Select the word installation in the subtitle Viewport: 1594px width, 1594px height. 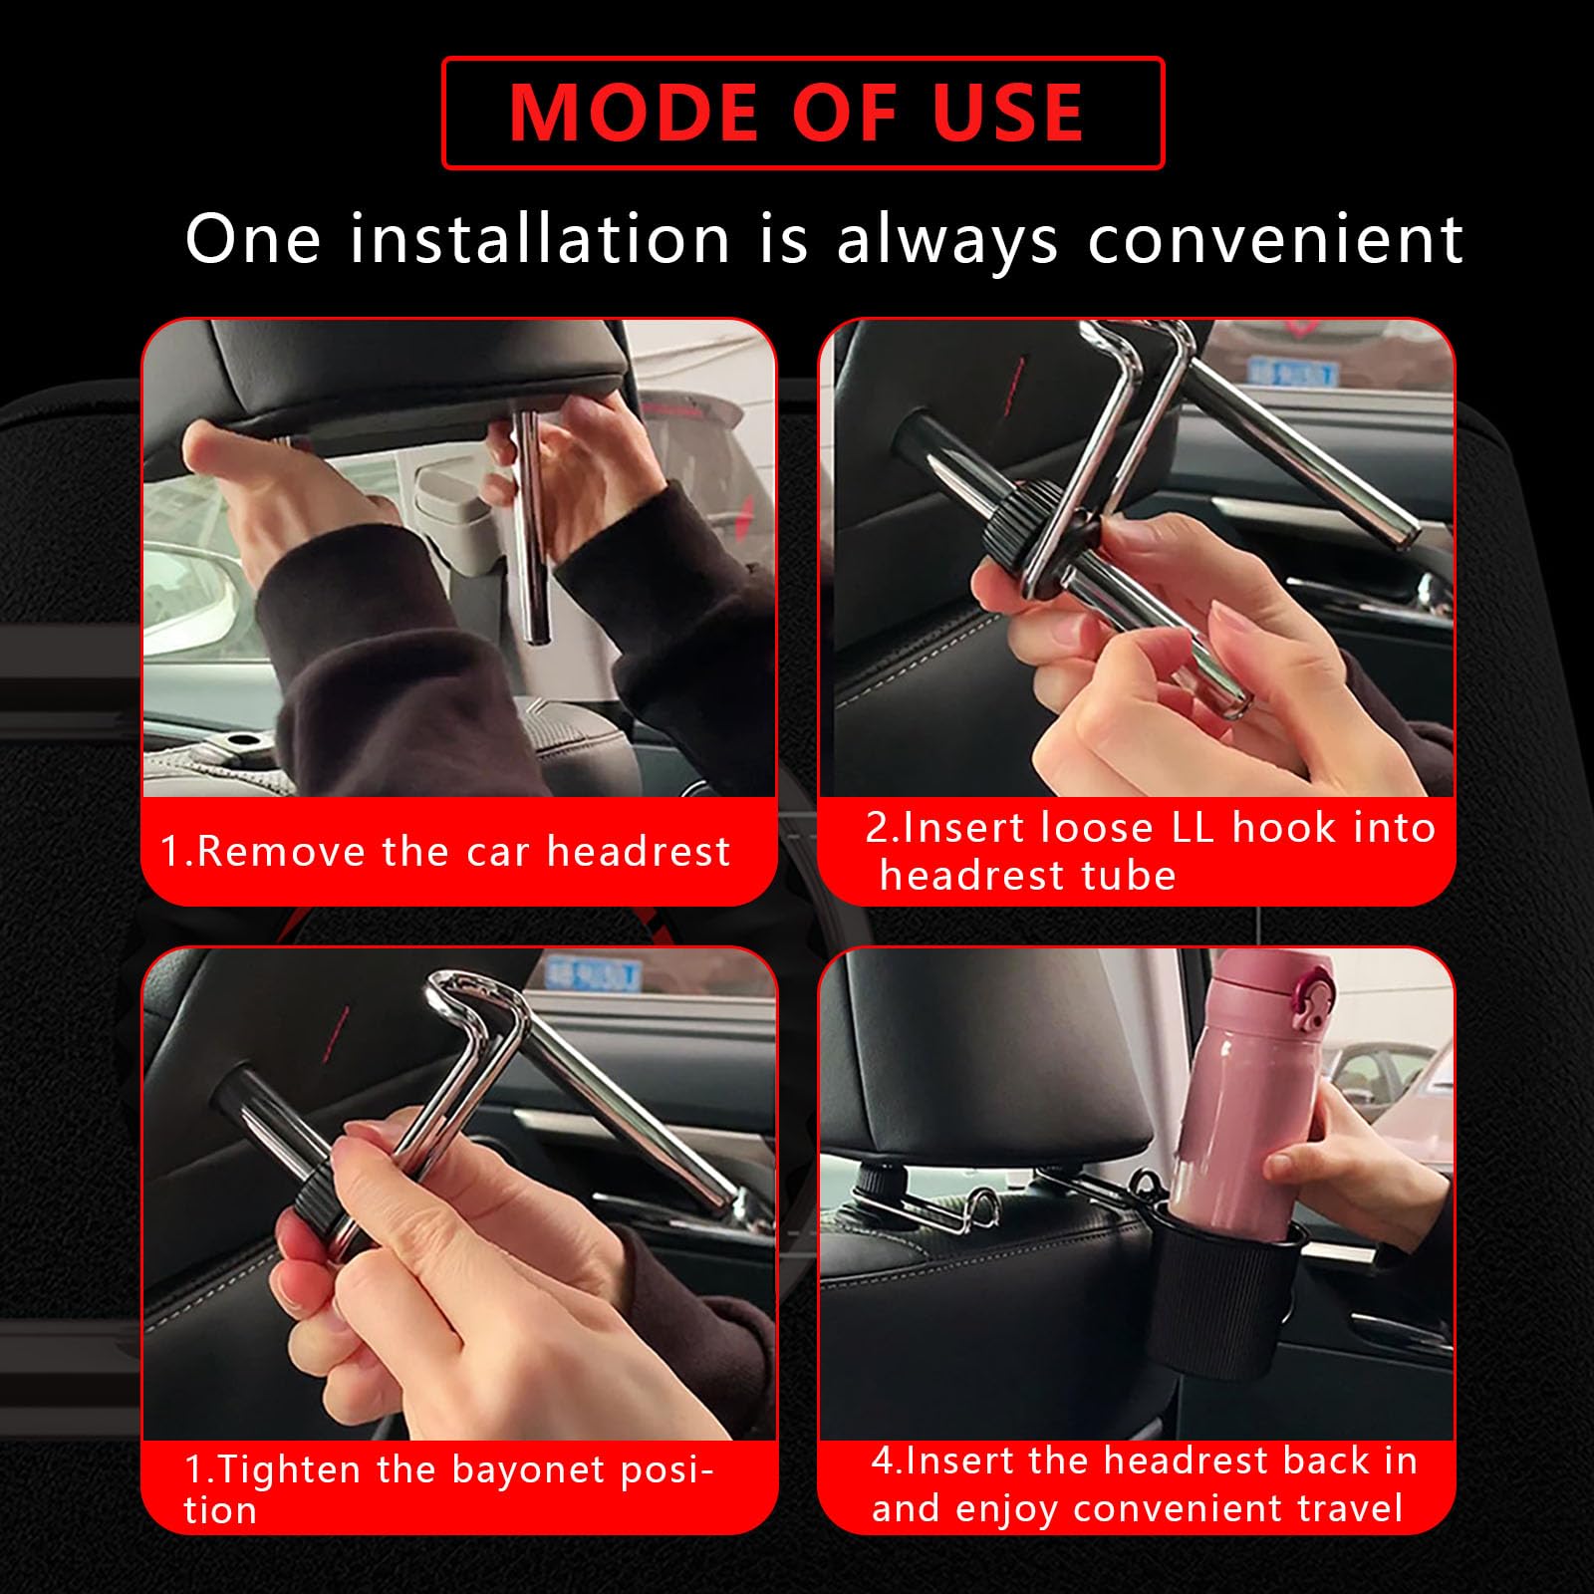click(541, 239)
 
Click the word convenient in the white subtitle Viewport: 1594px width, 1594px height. click(1275, 240)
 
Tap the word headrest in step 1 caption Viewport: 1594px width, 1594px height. click(639, 852)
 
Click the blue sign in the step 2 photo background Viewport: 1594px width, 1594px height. click(1289, 372)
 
